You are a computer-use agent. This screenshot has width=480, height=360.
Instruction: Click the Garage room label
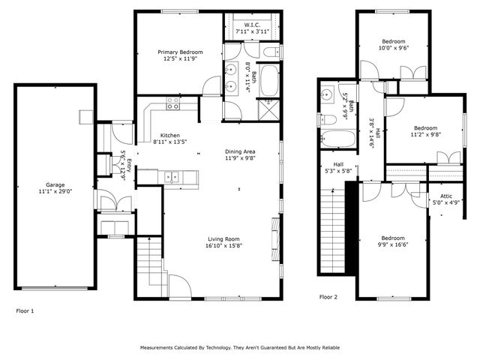55,184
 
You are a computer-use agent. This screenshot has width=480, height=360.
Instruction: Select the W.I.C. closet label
252,25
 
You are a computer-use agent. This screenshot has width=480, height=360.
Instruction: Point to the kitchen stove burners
173,103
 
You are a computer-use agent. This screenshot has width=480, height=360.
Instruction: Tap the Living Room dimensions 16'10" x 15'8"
225,245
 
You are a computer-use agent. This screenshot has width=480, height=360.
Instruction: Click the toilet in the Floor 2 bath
328,119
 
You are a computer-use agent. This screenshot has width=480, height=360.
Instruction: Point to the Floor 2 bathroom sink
327,94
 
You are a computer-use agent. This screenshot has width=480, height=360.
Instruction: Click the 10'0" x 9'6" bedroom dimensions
394,47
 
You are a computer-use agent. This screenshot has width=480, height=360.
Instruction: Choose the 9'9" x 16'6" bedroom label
391,241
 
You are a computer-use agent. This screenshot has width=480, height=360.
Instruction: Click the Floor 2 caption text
328,297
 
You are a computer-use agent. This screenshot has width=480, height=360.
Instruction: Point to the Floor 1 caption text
25,310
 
